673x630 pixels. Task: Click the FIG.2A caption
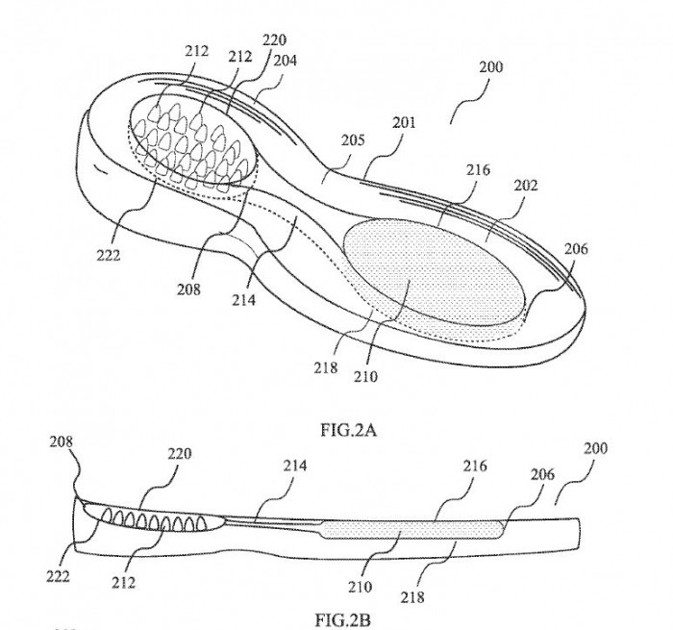point(348,430)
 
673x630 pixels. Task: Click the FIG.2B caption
point(343,620)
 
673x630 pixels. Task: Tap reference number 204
point(285,61)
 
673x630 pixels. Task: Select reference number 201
point(405,122)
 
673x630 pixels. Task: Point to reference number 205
point(353,140)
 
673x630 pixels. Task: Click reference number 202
point(526,185)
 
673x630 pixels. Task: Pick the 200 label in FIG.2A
point(490,67)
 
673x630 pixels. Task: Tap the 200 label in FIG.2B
point(596,448)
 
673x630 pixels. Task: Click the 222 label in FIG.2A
point(108,256)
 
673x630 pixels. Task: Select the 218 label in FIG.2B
point(412,597)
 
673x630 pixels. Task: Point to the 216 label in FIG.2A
point(478,170)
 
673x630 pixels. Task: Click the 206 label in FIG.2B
point(542,474)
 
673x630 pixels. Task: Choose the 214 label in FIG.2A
point(244,300)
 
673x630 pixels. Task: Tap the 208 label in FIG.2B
point(61,441)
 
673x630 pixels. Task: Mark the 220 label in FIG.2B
point(180,453)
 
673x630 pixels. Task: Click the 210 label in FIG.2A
point(365,377)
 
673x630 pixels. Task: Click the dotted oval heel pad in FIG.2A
point(435,271)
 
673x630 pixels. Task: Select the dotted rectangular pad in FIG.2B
point(412,529)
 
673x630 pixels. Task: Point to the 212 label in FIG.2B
point(124,583)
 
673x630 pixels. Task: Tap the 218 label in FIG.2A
point(325,367)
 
